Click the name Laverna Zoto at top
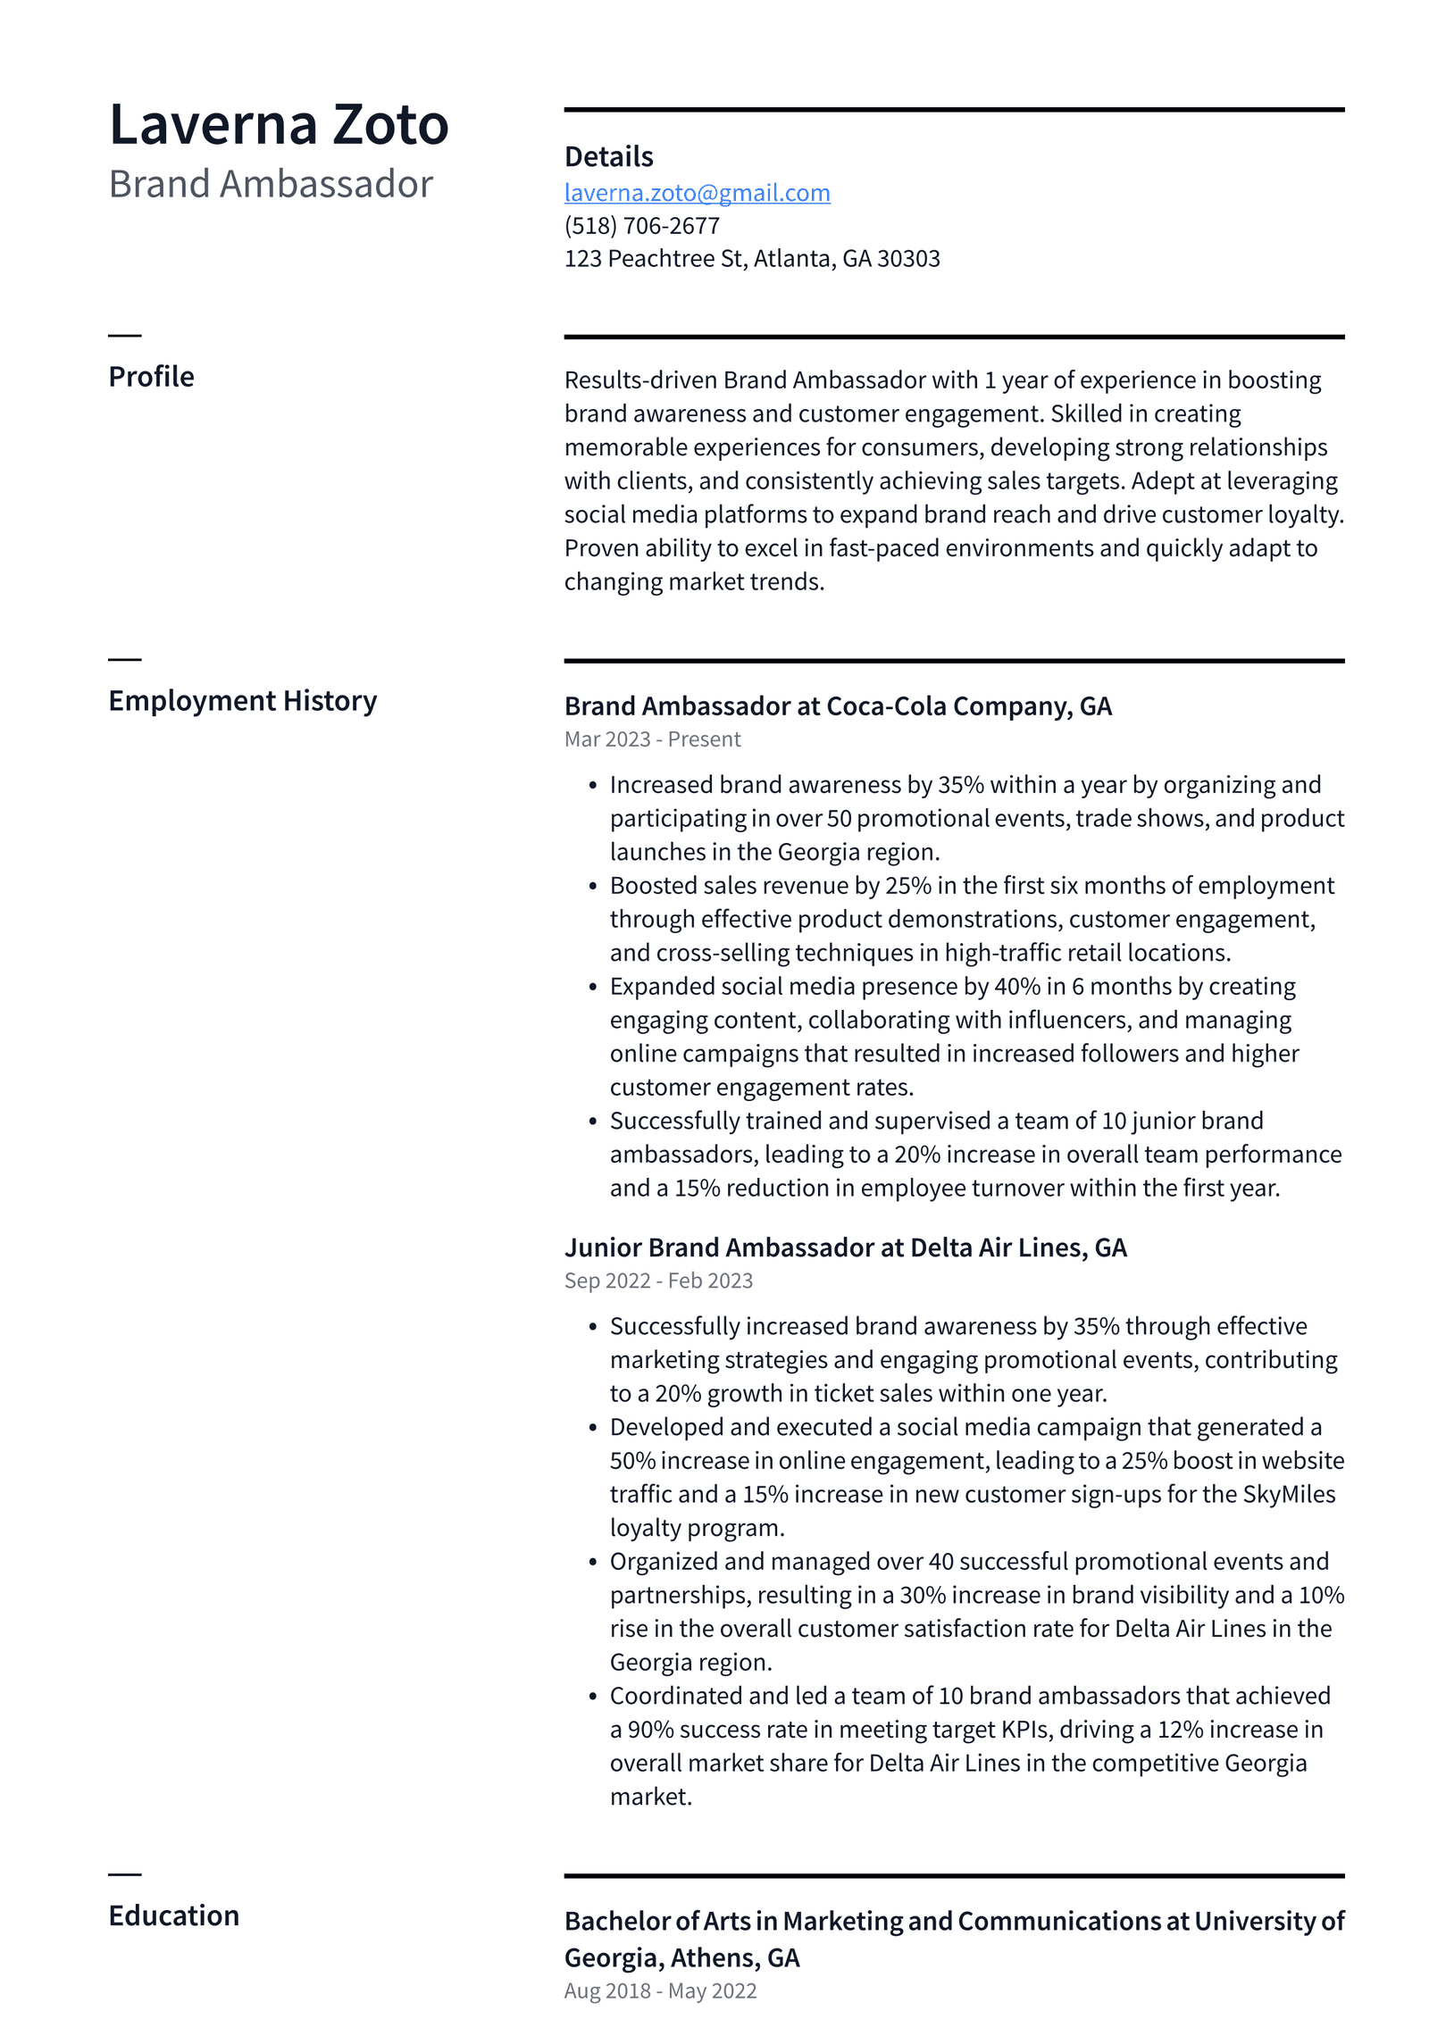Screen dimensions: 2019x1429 coord(278,124)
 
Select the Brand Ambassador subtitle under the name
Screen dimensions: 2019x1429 coord(270,184)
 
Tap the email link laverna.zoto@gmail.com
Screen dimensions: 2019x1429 coord(697,193)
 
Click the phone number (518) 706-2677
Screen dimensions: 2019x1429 coord(641,226)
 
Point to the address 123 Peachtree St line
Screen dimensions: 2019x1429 coord(751,259)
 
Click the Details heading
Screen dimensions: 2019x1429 coord(608,157)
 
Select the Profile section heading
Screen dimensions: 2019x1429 coord(151,377)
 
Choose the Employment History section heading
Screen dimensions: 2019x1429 coord(242,701)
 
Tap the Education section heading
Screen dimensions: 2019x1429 coord(173,1915)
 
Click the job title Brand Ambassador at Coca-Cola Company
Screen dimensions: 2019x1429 coord(837,706)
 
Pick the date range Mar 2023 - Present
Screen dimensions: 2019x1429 coord(652,739)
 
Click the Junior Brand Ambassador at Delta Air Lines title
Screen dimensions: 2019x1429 coord(845,1247)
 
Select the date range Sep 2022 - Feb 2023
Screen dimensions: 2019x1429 coord(658,1281)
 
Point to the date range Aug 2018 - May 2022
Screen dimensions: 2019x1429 coord(660,1990)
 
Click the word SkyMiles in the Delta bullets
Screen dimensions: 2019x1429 coord(1289,1494)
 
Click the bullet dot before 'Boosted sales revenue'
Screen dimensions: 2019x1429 coord(592,886)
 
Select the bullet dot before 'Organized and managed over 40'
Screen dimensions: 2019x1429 coord(592,1562)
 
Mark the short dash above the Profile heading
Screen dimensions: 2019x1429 coord(125,336)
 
